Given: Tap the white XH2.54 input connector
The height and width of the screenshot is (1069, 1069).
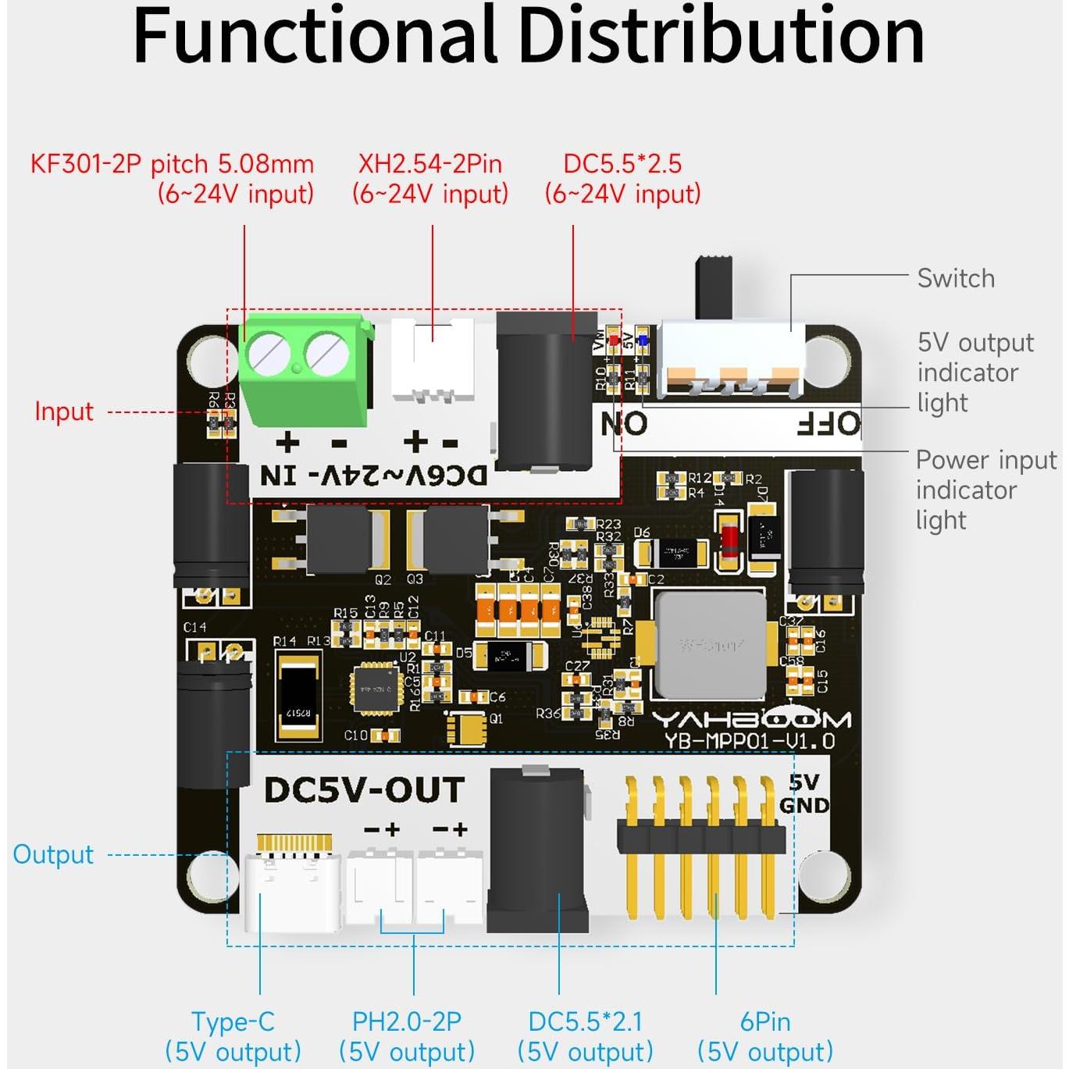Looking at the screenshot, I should [432, 359].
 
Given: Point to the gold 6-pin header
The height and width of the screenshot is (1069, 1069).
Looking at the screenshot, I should [700, 840].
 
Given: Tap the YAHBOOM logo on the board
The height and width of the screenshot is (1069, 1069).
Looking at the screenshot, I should [751, 720].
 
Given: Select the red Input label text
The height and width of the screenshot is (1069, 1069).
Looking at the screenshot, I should [64, 412].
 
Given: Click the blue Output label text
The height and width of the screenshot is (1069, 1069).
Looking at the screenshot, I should [53, 854].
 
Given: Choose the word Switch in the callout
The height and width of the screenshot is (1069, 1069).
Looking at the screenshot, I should [956, 279].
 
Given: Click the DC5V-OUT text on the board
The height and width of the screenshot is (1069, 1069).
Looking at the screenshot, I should [365, 790].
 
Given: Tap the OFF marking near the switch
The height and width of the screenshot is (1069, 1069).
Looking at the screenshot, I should [828, 425].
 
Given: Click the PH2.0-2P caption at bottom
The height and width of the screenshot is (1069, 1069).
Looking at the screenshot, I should [407, 1021].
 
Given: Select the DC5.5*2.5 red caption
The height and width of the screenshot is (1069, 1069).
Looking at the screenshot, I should [622, 164].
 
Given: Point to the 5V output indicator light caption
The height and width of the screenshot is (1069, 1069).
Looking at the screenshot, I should [975, 372].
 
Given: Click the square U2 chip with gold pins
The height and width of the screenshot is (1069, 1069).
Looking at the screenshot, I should [377, 689].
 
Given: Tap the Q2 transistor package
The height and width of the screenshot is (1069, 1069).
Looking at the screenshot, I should [340, 539].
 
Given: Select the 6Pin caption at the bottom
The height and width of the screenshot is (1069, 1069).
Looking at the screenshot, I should [765, 1021].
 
